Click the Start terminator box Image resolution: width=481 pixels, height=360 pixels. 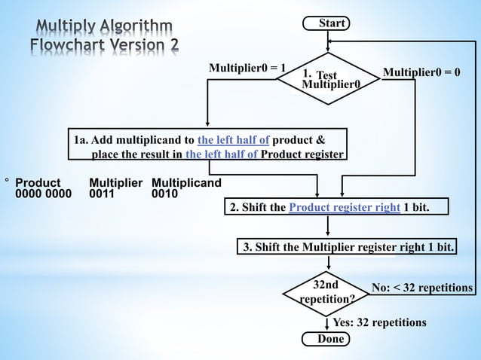(326, 24)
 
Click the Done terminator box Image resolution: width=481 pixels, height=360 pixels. (326, 340)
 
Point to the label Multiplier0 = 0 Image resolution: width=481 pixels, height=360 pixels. (421, 72)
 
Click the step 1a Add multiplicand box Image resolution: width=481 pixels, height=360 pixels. (209, 147)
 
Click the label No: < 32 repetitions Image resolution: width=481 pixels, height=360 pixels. (422, 288)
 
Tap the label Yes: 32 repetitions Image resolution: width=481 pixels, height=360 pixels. (379, 323)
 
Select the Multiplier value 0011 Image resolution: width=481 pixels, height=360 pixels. (102, 194)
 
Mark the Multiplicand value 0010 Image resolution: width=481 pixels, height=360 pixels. (165, 194)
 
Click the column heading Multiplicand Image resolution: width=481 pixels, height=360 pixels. (186, 183)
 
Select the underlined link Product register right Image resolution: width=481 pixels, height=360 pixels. (345, 207)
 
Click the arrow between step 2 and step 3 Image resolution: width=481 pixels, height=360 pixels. (329, 226)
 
